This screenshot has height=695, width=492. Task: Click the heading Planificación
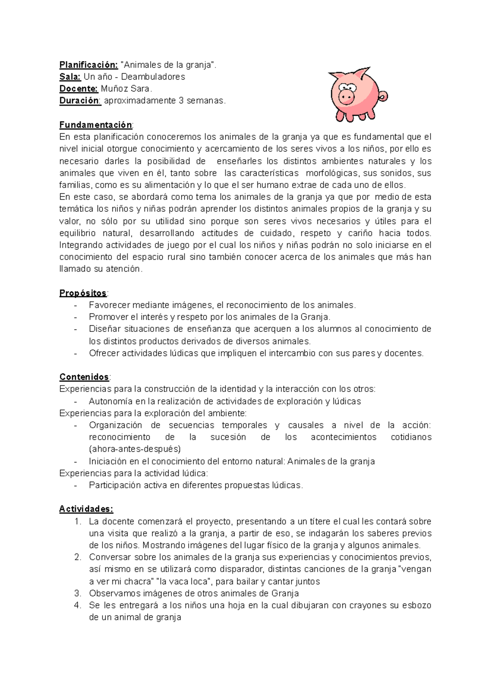coord(89,65)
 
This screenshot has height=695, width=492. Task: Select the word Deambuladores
coord(153,77)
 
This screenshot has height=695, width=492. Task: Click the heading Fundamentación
coord(96,125)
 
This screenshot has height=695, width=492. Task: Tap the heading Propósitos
coord(83,293)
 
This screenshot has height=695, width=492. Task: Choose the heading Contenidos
coord(84,377)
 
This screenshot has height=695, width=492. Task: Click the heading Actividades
coord(86,509)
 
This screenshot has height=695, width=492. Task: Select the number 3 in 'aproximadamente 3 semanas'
coord(181,101)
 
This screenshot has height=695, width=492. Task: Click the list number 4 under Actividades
coord(77,605)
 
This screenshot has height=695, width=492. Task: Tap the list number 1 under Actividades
coord(77,521)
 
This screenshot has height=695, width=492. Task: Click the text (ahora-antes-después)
coord(134,449)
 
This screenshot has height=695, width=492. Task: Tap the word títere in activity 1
coord(320,521)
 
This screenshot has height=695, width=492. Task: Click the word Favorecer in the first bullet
coord(108,305)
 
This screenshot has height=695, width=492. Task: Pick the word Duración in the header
coord(80,101)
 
